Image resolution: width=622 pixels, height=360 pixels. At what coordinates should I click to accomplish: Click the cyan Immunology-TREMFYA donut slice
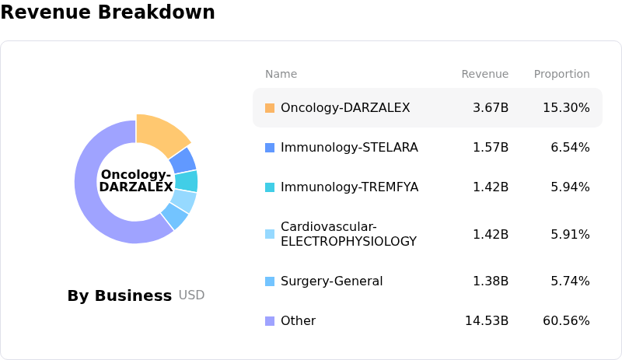pyautogui.click(x=187, y=181)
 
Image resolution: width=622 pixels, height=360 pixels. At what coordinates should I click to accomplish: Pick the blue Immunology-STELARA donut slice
pyautogui.click(x=183, y=159)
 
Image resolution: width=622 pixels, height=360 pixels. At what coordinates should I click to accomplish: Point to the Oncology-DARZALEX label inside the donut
pyautogui.click(x=136, y=181)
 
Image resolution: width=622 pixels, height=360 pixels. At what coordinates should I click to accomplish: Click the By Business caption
pyautogui.click(x=119, y=295)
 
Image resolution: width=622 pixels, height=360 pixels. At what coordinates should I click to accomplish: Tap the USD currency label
pyautogui.click(x=191, y=295)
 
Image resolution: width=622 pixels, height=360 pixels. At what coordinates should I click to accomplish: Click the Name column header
pyautogui.click(x=281, y=75)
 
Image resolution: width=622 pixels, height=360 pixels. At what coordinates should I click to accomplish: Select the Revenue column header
pyautogui.click(x=484, y=75)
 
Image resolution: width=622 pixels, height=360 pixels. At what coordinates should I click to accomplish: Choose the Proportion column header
pyautogui.click(x=561, y=75)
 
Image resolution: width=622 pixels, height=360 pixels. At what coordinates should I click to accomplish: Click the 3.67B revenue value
pyautogui.click(x=491, y=108)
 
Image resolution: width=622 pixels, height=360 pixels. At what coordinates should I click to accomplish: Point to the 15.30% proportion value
pyautogui.click(x=566, y=108)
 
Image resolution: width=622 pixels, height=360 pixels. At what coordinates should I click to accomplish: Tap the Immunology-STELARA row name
pyautogui.click(x=349, y=148)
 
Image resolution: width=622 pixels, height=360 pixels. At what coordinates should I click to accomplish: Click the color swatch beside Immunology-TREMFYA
pyautogui.click(x=270, y=187)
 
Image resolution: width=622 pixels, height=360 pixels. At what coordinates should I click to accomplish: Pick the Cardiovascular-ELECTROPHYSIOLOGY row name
pyautogui.click(x=348, y=234)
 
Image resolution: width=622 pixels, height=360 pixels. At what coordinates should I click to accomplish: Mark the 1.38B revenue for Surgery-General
pyautogui.click(x=491, y=281)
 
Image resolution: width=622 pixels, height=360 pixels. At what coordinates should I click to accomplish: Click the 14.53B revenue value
pyautogui.click(x=487, y=321)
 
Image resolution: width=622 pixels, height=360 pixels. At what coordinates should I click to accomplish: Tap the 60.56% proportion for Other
pyautogui.click(x=566, y=321)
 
